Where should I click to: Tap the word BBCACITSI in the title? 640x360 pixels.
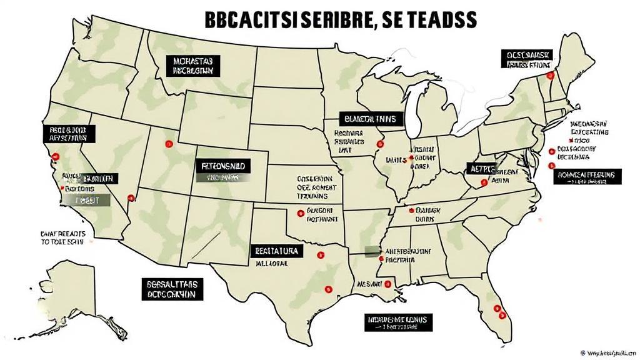[249, 19]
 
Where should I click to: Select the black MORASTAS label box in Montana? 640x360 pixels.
[193, 66]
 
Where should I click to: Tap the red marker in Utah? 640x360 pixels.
[167, 144]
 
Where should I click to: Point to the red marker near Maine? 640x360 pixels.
[550, 75]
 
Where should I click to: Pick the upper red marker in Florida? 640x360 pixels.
[496, 307]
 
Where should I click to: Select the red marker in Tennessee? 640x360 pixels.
[411, 211]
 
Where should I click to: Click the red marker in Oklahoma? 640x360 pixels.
[301, 213]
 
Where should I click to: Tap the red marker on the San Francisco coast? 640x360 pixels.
[56, 156]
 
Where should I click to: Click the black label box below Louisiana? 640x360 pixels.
[397, 322]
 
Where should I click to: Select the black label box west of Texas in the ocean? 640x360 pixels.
[172, 288]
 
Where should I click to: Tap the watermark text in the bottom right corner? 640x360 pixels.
[609, 353]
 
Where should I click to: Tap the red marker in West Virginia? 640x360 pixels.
[484, 182]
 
